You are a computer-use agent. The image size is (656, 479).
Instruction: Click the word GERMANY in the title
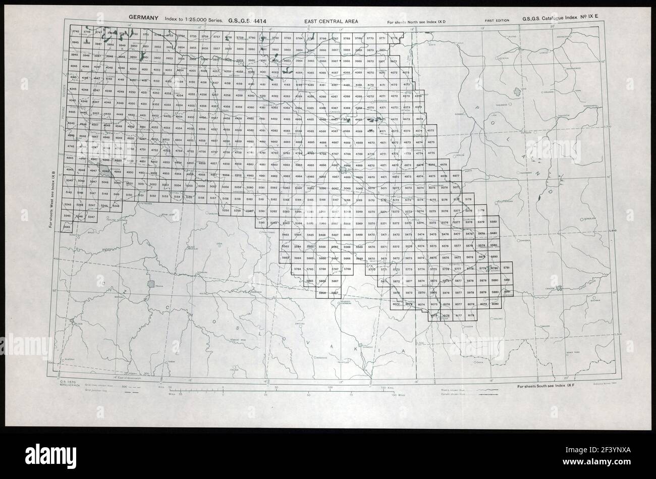tap(143, 18)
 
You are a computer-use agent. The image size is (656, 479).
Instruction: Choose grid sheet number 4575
tap(431, 131)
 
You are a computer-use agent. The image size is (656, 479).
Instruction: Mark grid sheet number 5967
tap(335, 293)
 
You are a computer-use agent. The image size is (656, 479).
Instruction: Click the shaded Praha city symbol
tap(150, 284)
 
